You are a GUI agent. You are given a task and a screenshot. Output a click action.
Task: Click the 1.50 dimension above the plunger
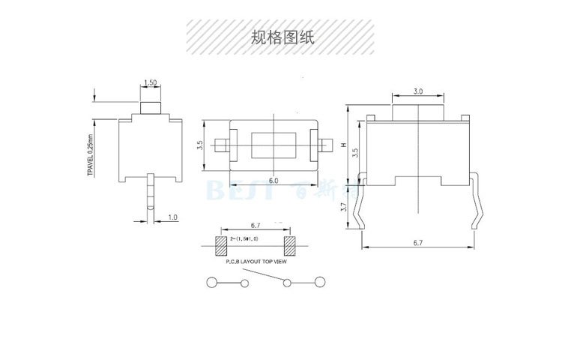[151, 82]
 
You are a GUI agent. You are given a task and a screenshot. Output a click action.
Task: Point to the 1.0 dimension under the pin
[172, 217]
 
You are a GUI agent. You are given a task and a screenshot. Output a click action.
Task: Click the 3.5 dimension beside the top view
[200, 145]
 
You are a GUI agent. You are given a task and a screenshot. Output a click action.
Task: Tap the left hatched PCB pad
[221, 244]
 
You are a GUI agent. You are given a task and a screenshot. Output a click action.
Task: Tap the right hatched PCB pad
[288, 244]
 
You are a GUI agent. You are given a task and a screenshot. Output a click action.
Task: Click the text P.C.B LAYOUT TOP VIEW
[255, 262]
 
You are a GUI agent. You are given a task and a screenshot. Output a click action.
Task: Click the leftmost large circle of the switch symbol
[213, 283]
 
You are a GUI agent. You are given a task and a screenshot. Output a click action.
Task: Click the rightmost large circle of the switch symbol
[321, 282]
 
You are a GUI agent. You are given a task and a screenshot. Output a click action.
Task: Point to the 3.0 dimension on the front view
[417, 91]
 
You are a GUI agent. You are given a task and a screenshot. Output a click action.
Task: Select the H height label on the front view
[343, 147]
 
